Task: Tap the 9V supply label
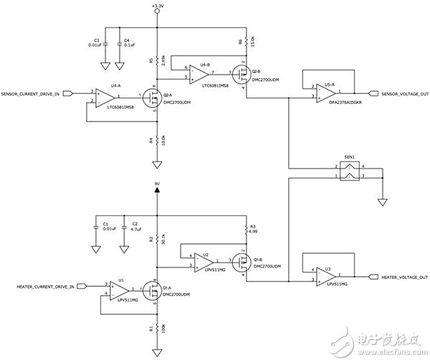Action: tap(158, 184)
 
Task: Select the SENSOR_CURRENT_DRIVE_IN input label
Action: tap(36, 93)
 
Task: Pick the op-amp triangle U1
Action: tap(121, 289)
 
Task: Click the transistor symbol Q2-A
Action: tap(151, 97)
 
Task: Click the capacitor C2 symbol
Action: tap(123, 227)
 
